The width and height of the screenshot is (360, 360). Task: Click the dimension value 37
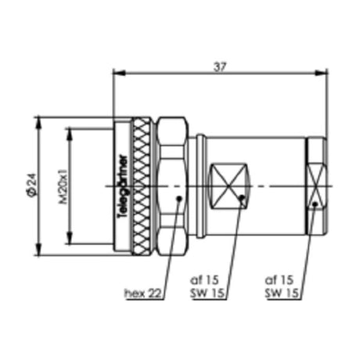[x=220, y=67]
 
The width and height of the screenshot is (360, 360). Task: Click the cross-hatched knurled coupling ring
[x=142, y=186]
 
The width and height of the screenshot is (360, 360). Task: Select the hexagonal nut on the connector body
[x=171, y=186]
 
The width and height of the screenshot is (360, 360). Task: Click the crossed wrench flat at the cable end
[x=315, y=186]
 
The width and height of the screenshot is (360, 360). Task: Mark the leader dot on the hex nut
[x=179, y=199]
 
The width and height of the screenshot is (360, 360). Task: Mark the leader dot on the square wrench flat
[x=242, y=200]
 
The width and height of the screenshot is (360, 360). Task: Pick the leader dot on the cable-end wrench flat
[x=315, y=205]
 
